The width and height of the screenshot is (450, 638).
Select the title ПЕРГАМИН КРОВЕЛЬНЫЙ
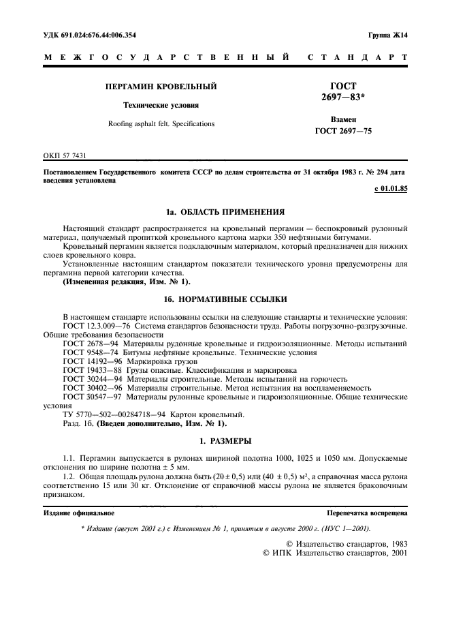coord(160,87)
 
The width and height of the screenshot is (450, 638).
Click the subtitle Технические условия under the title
coord(160,106)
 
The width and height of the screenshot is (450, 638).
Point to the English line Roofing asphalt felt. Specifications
coord(161,124)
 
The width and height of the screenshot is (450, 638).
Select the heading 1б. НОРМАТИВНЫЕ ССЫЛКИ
coord(225,299)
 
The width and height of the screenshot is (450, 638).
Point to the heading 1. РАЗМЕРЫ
coord(225,442)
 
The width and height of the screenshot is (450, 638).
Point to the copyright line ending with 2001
coord(334,554)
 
